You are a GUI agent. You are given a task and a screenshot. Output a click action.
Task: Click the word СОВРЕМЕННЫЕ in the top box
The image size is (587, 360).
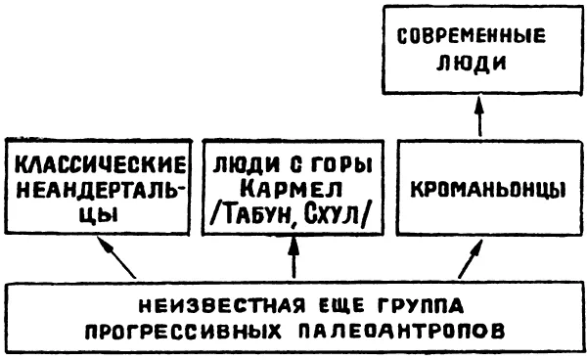pos(471,36)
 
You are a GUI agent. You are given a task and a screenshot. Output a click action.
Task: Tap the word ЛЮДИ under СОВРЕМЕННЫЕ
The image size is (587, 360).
pos(471,64)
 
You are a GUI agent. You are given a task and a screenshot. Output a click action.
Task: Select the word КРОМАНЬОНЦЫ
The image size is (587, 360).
pos(488,190)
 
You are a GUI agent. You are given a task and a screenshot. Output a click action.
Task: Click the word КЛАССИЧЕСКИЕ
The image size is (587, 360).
pos(101,165)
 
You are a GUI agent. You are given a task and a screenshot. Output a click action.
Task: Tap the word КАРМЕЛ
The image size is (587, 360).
pos(291,190)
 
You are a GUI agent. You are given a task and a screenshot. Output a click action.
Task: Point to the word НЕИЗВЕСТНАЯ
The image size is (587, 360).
pos(220,306)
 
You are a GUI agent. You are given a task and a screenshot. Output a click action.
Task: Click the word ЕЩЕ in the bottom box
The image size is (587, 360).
pos(338,306)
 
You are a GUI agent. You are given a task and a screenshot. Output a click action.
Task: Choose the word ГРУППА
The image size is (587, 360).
pos(420,306)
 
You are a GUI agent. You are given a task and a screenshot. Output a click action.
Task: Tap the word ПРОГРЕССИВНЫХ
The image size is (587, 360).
pos(183,332)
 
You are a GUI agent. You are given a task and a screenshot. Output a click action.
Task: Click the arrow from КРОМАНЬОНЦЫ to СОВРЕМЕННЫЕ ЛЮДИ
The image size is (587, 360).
pos(480,116)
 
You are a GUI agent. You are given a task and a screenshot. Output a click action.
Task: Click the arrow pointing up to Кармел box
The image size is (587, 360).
pos(293,257)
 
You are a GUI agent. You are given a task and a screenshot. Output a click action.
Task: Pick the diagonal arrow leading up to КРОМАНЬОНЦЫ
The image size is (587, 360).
pos(471,258)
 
